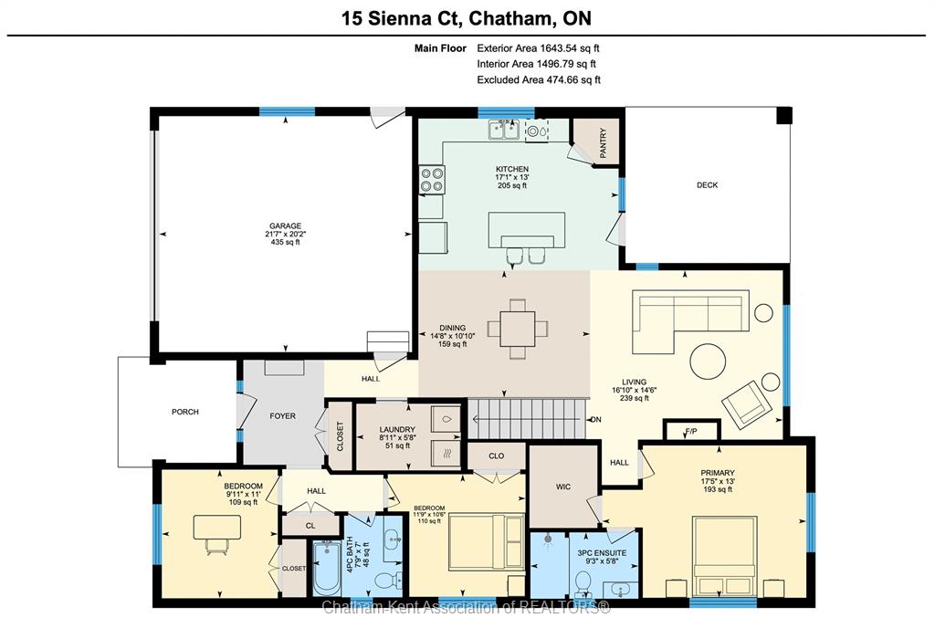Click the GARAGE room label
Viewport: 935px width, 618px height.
click(285, 225)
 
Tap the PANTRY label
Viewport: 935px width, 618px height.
click(603, 143)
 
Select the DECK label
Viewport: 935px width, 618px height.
click(708, 185)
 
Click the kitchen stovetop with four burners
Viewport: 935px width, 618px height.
click(432, 180)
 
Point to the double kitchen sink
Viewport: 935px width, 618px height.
click(504, 130)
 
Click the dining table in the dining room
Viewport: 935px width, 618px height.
click(518, 329)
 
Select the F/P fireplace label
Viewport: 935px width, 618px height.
click(691, 431)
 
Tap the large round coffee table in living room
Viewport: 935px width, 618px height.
click(708, 361)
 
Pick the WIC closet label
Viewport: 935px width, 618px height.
click(563, 487)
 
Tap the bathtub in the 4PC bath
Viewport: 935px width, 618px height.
click(327, 568)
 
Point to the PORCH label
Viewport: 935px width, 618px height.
click(184, 412)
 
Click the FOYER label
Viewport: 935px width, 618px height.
click(283, 416)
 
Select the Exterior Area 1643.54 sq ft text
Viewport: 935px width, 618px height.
click(538, 48)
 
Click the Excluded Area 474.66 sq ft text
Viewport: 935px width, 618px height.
click(539, 79)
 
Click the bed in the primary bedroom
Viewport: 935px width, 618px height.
click(724, 555)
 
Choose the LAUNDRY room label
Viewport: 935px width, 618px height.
click(397, 430)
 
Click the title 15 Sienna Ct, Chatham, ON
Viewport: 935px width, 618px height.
click(467, 18)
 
